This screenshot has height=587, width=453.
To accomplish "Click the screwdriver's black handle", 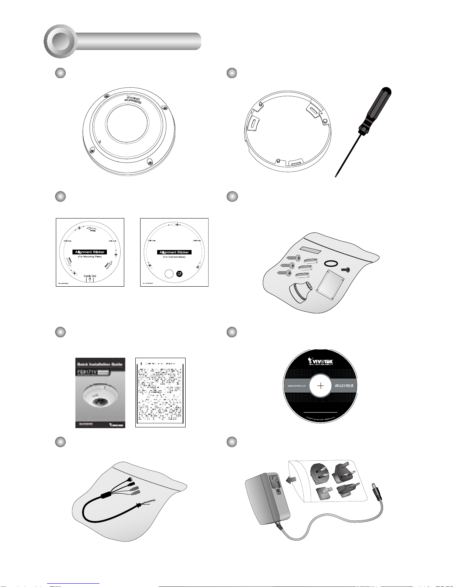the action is pyautogui.click(x=375, y=107).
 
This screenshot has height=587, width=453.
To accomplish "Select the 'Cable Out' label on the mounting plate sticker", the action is pyautogui.click(x=90, y=276).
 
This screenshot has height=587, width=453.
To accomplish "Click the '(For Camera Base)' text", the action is pyautogui.click(x=174, y=257).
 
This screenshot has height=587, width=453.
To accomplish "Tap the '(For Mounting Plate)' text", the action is pyautogui.click(x=90, y=257).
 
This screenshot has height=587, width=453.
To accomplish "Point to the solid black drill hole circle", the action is pyautogui.click(x=179, y=274).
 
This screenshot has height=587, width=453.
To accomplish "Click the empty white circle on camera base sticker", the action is pyautogui.click(x=168, y=274).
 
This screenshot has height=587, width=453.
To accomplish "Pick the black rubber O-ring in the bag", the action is pyautogui.click(x=330, y=263).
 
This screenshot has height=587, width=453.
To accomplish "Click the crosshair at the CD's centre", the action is pyautogui.click(x=321, y=386).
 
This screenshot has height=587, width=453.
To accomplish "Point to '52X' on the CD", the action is pyautogui.click(x=341, y=386).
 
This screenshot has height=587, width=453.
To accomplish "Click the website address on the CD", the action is pyautogui.click(x=297, y=386).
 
